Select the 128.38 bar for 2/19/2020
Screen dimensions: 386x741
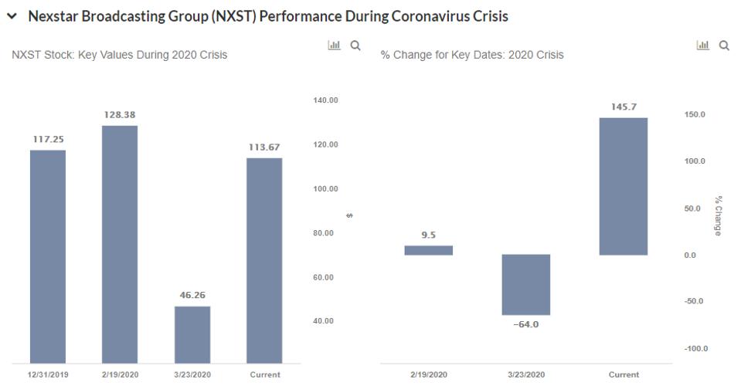point(120,244)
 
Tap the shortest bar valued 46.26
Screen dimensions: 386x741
point(192,334)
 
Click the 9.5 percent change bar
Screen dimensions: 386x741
point(429,250)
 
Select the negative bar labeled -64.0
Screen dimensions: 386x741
point(526,284)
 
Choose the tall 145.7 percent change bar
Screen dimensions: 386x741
point(624,186)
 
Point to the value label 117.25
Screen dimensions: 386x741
point(48,139)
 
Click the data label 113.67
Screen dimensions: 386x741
point(264,147)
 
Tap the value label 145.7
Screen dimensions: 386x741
point(624,107)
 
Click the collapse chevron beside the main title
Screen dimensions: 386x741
point(12,16)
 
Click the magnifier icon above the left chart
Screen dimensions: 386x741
point(355,46)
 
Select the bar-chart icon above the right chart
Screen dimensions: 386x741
point(703,46)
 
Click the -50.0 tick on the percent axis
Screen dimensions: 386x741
point(695,301)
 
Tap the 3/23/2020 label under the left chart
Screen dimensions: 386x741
point(192,374)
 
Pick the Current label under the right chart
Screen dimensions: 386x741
point(624,374)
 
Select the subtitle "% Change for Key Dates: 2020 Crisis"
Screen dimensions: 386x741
point(472,55)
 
